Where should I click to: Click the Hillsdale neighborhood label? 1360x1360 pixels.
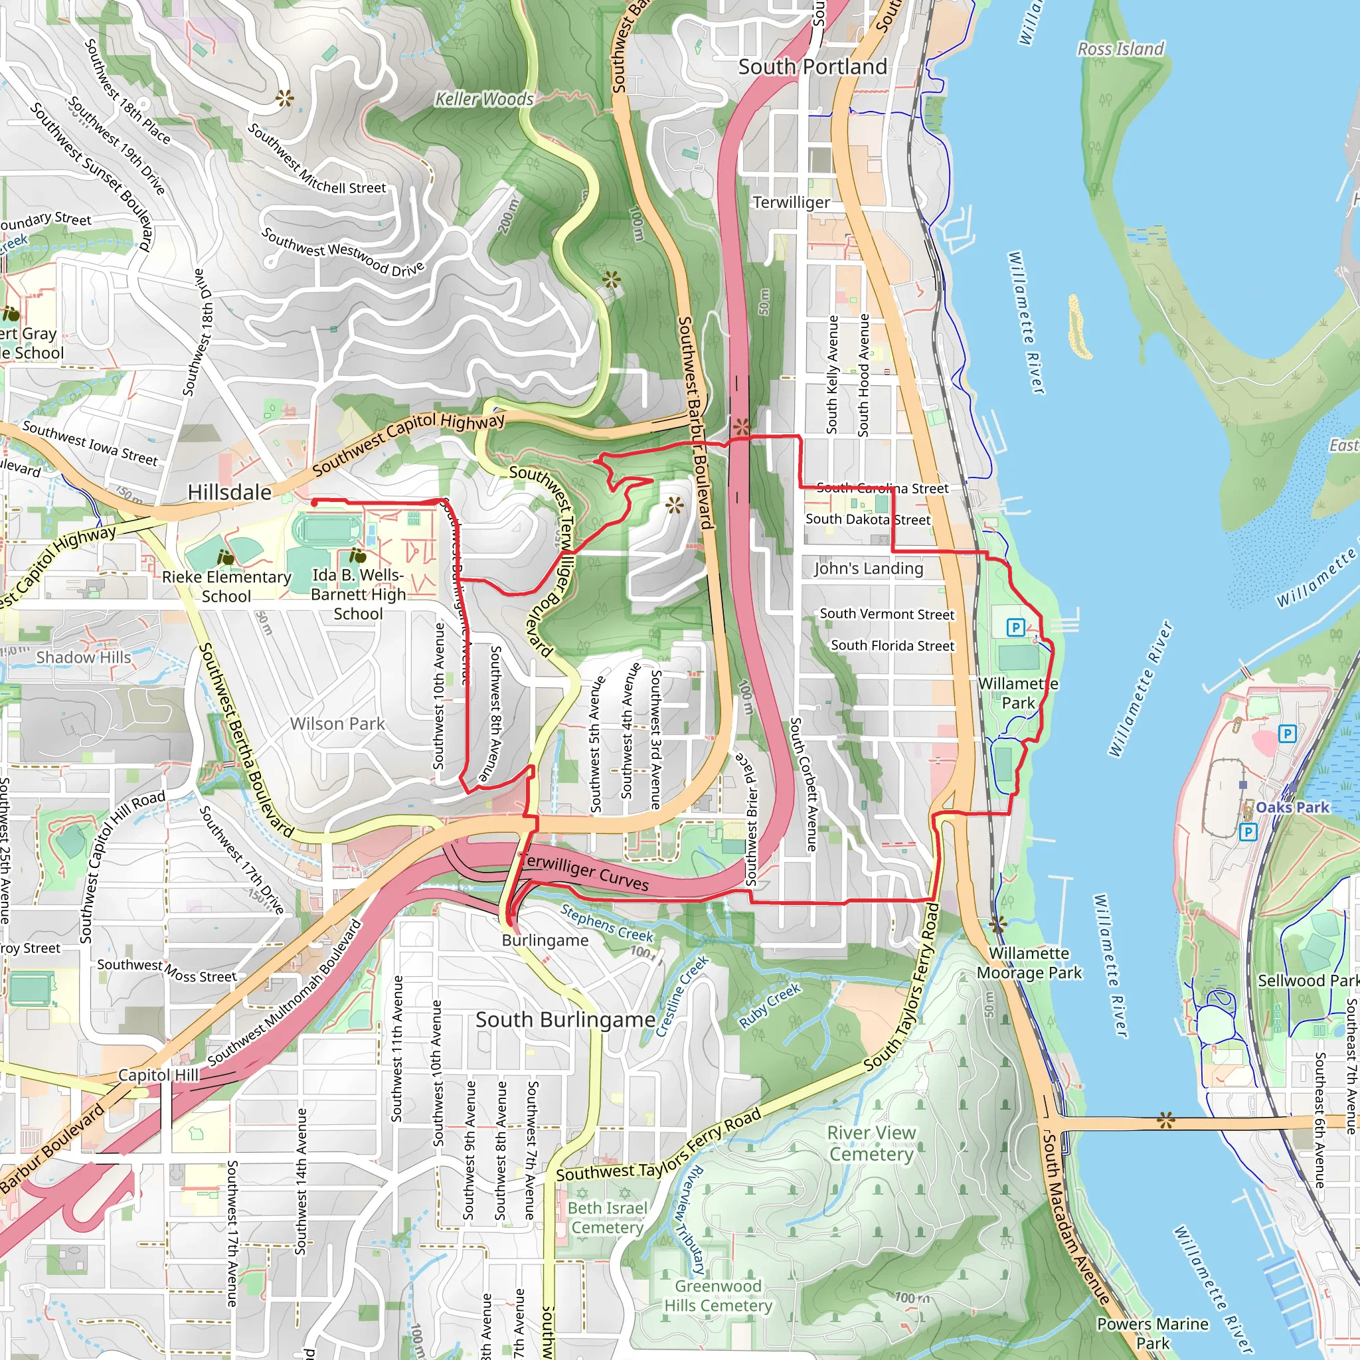click(230, 492)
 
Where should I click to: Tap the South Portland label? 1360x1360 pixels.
click(812, 67)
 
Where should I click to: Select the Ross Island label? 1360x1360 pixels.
click(1121, 48)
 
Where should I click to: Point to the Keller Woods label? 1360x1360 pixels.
click(484, 99)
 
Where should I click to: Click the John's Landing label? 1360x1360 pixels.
click(868, 568)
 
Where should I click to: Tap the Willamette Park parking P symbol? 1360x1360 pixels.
click(1015, 627)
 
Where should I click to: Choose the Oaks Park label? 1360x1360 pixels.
click(1292, 807)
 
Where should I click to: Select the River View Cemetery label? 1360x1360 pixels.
click(871, 1144)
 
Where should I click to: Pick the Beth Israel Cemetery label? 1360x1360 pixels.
click(607, 1218)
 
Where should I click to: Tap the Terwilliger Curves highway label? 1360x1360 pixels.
click(584, 873)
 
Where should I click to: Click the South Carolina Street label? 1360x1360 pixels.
click(882, 488)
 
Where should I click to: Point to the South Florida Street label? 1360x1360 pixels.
click(892, 645)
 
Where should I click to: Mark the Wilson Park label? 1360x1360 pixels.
click(337, 724)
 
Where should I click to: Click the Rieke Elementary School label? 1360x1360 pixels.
click(226, 586)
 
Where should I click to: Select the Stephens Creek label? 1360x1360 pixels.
click(607, 924)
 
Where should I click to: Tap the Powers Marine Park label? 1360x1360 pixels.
click(1152, 1333)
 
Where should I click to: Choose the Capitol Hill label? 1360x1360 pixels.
click(159, 1075)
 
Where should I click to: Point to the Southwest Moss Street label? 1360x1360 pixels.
click(167, 970)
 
